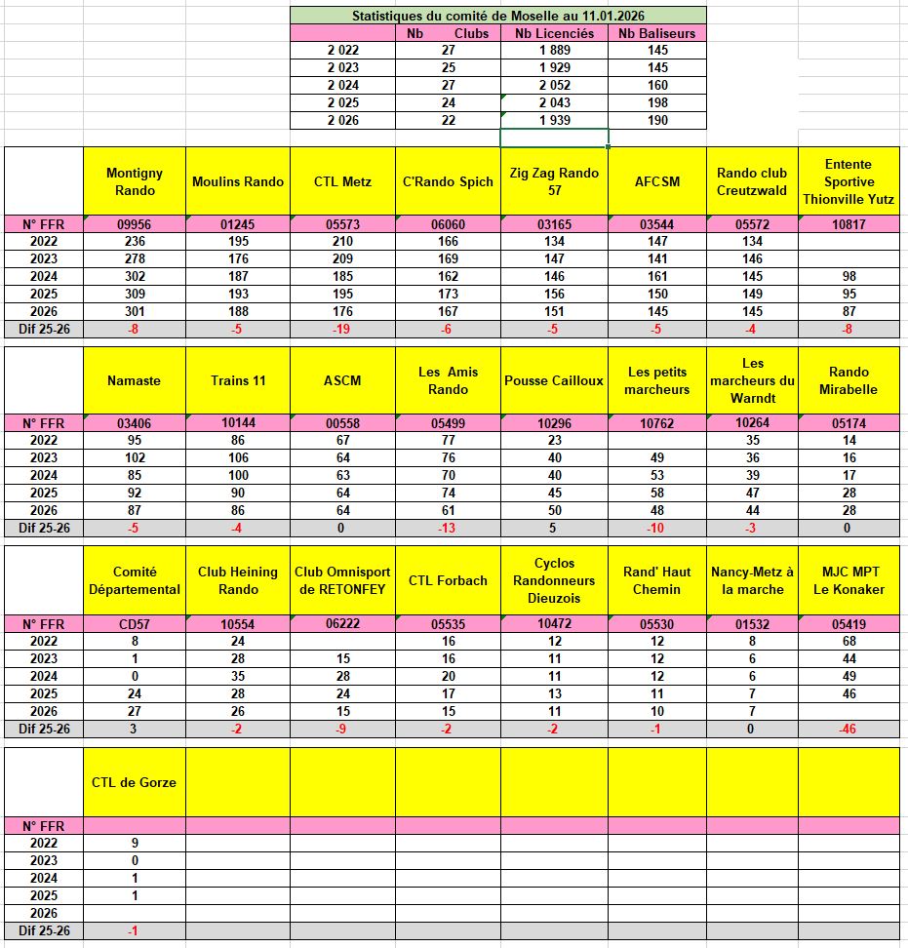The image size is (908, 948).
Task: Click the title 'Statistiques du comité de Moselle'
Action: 497,16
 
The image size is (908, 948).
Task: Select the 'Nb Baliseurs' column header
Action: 657,33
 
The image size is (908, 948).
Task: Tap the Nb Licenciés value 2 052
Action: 552,86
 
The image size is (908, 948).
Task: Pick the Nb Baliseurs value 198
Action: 657,103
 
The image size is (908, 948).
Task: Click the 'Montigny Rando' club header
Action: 135,181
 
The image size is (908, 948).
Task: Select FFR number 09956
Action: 135,224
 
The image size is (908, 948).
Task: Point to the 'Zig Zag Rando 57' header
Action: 554,181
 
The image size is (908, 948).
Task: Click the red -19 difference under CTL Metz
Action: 341,330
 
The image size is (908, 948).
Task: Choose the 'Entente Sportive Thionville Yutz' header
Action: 848,181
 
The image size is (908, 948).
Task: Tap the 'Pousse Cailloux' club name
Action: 554,380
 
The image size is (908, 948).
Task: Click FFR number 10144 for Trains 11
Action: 238,423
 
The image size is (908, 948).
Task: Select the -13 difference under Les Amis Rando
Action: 448,529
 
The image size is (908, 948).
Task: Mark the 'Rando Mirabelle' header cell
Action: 848,380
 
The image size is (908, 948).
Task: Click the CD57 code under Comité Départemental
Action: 135,624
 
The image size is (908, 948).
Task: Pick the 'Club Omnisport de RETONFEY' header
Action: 341,580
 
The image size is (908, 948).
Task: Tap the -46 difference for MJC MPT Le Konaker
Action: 848,730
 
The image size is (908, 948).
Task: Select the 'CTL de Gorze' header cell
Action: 135,782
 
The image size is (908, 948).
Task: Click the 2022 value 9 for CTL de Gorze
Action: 135,844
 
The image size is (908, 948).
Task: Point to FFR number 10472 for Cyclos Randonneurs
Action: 554,624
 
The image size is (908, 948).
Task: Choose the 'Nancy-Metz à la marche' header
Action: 752,580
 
